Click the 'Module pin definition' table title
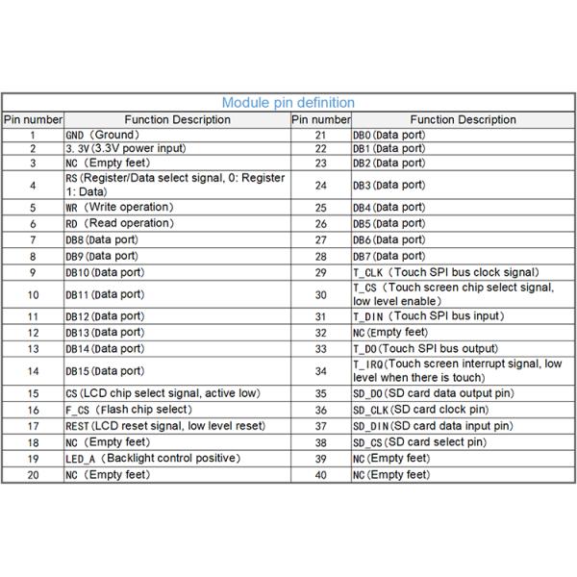288,102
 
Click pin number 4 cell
33,185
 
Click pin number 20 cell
33,475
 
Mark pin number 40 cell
320,475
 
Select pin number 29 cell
320,272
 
